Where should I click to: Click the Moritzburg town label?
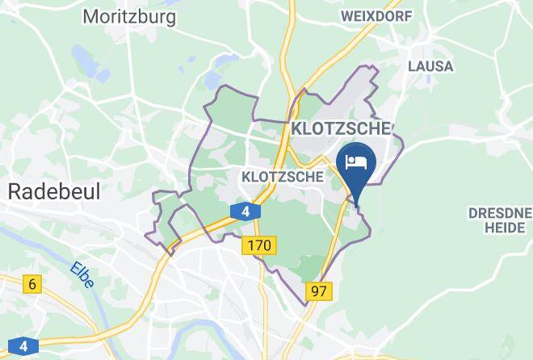coord(129,16)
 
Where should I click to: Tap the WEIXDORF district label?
coord(377,15)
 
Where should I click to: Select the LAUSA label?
coord(430,65)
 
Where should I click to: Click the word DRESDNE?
coord(500,212)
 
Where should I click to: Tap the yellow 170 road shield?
coord(260,243)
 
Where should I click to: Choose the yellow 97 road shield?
coord(318,290)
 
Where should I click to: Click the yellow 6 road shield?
coord(32,283)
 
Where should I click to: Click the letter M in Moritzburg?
coord(90,16)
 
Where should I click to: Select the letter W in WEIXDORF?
coord(346,15)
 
